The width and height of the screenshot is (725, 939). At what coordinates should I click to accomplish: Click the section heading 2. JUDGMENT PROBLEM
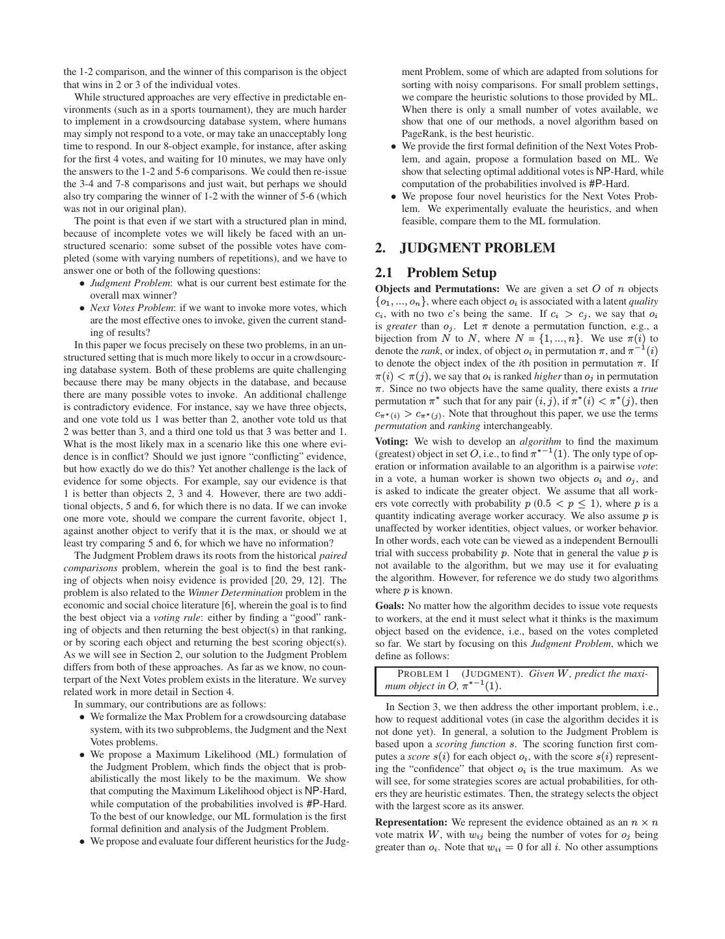point(465,248)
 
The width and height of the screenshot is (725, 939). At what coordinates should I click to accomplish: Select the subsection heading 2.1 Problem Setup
point(436,273)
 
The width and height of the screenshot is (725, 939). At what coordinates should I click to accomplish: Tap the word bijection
point(395,338)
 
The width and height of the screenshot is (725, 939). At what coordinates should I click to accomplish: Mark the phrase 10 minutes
point(221,159)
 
